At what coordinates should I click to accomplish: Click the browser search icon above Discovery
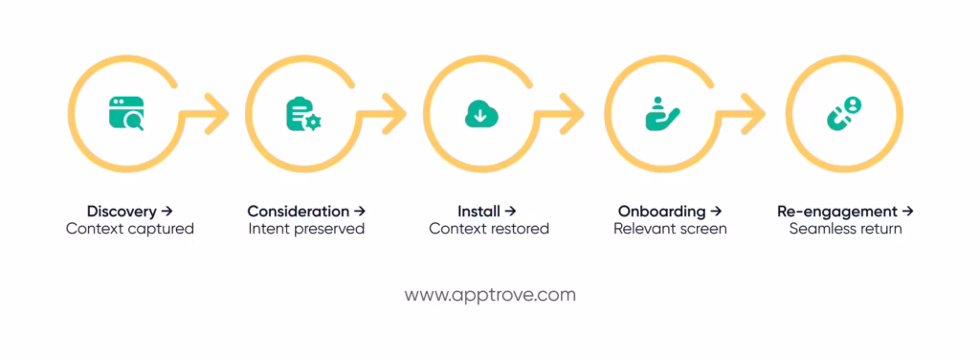point(126,114)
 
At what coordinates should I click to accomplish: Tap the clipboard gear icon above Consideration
point(302,115)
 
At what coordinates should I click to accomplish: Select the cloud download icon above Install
point(479,114)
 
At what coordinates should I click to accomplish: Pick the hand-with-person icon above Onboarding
point(661,114)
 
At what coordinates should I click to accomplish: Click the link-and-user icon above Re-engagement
point(843,114)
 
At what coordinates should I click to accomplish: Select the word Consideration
point(298,211)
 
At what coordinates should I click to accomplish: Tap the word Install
point(479,211)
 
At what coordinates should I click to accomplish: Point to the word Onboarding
point(661,211)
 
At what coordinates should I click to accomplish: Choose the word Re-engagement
point(837,211)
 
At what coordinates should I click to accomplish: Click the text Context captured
point(130,229)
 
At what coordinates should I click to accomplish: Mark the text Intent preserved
point(306,229)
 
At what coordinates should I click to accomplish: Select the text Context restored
point(489,229)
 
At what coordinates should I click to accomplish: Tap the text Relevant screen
point(670,229)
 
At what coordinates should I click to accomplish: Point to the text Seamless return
point(846,229)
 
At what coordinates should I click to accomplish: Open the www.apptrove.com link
point(490,295)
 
